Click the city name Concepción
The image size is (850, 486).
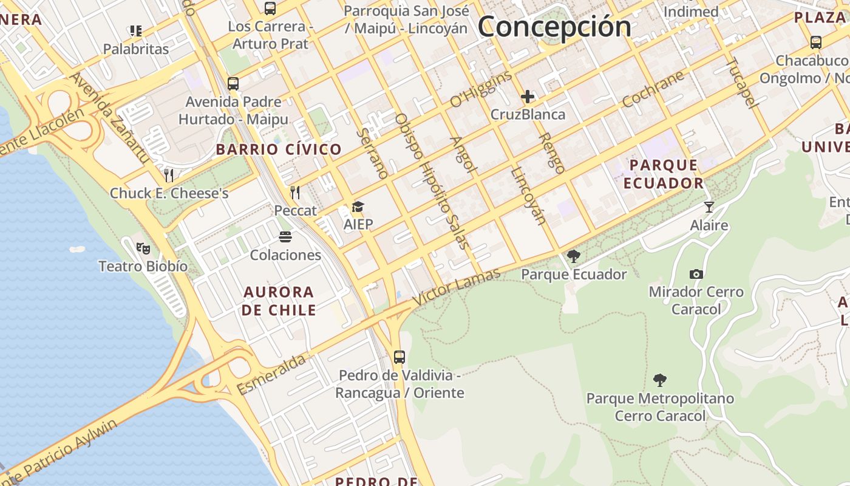(554, 27)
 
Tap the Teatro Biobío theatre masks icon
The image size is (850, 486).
(143, 248)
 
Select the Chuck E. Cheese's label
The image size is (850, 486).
(169, 193)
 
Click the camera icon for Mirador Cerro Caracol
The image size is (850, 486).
(696, 275)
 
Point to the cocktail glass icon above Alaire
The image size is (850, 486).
(709, 207)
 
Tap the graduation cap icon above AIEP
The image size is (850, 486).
(358, 207)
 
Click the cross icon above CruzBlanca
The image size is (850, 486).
(527, 97)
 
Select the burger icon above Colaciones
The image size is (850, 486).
(285, 237)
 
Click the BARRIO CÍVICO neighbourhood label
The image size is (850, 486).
(279, 149)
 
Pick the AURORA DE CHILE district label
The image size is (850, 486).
(279, 301)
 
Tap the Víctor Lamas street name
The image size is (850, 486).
(457, 287)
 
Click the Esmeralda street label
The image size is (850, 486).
(271, 374)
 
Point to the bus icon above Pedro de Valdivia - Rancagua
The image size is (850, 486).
(399, 357)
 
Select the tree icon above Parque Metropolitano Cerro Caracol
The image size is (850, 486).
(660, 381)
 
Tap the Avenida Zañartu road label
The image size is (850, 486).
(110, 118)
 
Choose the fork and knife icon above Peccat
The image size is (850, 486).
(295, 193)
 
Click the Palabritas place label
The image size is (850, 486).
(136, 49)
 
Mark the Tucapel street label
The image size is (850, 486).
(743, 83)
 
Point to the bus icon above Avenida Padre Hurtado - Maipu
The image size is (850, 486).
(233, 84)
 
